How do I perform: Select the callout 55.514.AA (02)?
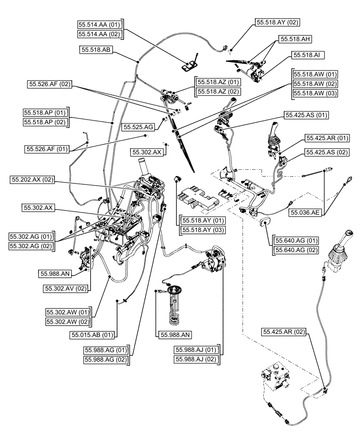[100, 34]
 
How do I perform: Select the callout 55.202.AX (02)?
[32, 180]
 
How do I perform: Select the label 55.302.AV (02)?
[66, 288]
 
